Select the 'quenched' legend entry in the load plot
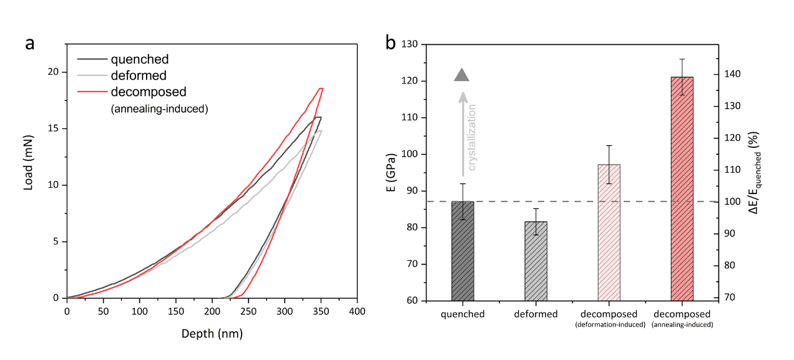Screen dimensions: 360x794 [x=139, y=60]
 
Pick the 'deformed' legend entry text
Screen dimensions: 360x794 [x=139, y=75]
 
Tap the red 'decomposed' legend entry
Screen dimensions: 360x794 [x=148, y=92]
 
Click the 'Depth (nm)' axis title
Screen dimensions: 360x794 [x=212, y=334]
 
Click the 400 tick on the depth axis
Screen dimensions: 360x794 [x=357, y=309]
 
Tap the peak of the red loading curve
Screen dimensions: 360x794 [x=321, y=89]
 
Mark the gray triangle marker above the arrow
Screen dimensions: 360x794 [x=461, y=75]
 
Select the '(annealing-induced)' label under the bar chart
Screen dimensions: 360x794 [x=682, y=324]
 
